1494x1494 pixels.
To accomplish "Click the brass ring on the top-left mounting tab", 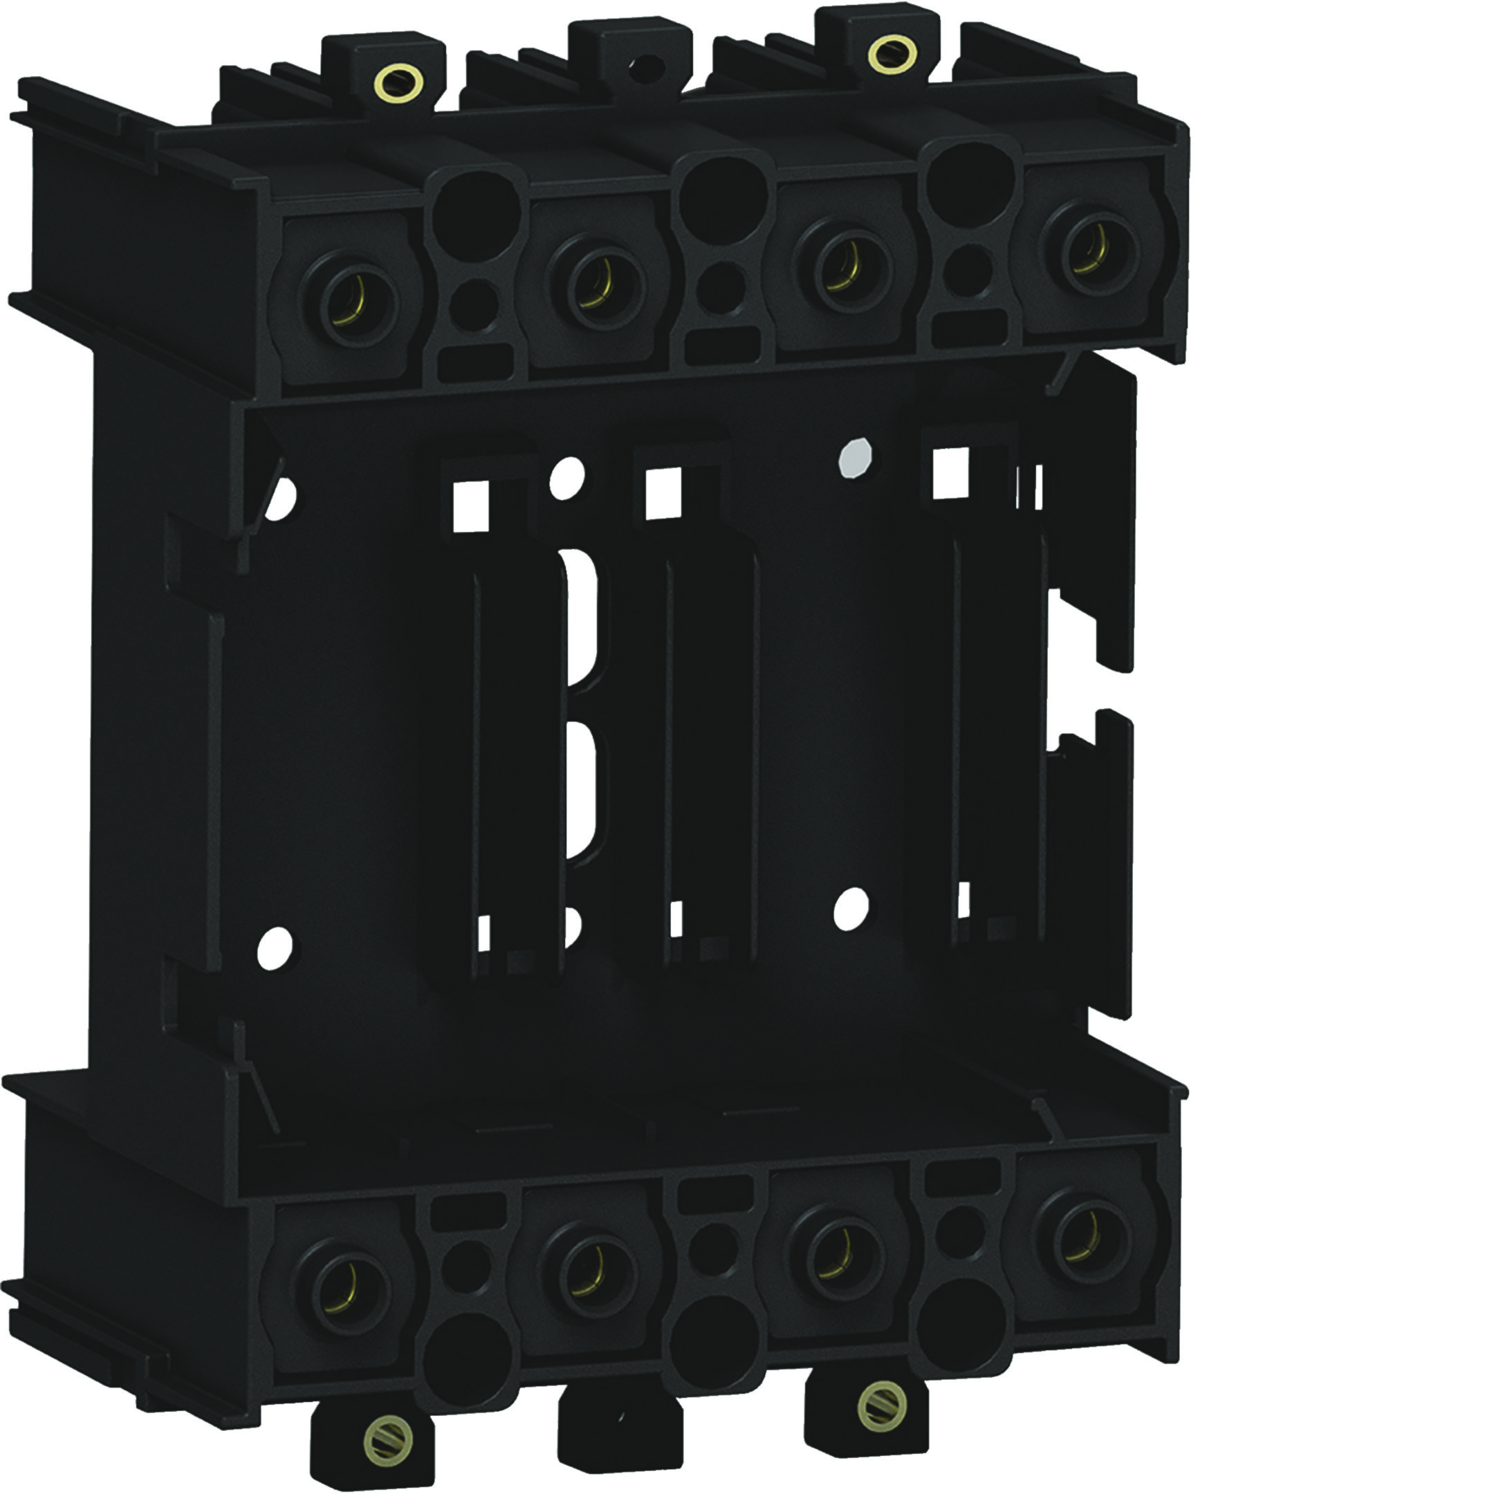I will (x=399, y=83).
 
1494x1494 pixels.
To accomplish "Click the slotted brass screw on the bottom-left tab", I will (x=387, y=1440).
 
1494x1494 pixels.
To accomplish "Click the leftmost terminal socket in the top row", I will (x=352, y=297).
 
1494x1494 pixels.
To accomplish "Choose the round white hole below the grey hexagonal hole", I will (x=851, y=909).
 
